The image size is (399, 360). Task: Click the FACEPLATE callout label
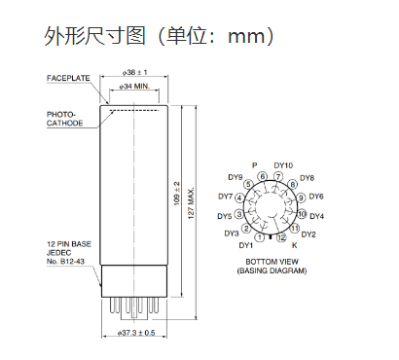click(68, 78)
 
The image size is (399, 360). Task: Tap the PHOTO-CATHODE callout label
click(65, 119)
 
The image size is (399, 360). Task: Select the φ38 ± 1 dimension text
click(134, 72)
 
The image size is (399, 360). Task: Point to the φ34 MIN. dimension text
click(134, 87)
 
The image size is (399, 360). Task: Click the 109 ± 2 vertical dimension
click(177, 194)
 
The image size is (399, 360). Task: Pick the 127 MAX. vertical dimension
click(191, 202)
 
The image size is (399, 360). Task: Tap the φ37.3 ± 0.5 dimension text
click(136, 333)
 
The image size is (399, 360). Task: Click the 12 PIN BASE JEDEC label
click(69, 253)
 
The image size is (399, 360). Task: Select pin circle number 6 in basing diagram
click(263, 177)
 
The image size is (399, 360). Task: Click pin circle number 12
click(281, 237)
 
